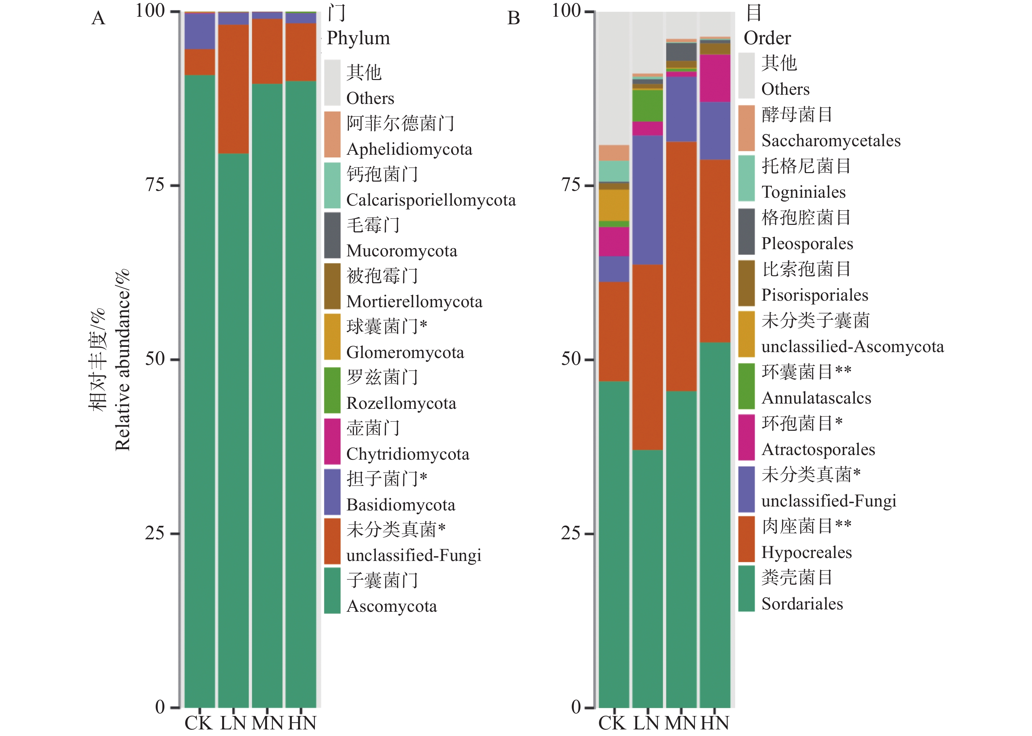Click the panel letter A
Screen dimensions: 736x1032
[x=98, y=18]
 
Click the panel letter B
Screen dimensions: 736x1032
[x=513, y=18]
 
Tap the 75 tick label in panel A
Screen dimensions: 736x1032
[x=154, y=185]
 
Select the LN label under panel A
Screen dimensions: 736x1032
[x=233, y=723]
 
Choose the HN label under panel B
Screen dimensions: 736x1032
[x=715, y=723]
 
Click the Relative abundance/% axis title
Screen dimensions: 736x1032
[x=122, y=360]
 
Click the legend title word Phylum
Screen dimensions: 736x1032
[x=358, y=38]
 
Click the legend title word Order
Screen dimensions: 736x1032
[x=767, y=38]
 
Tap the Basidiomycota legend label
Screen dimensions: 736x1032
[x=401, y=505]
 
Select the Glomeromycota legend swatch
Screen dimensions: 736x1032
[x=332, y=337]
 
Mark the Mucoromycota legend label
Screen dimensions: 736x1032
[x=402, y=250]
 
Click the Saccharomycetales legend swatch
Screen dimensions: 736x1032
[x=746, y=128]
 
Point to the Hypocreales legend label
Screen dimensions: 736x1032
[x=807, y=552]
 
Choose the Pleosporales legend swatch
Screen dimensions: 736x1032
[x=746, y=231]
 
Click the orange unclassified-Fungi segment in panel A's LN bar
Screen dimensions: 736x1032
[x=233, y=89]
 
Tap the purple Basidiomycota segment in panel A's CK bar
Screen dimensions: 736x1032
[x=200, y=31]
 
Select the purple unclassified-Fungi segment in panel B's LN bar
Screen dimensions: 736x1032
[x=648, y=199]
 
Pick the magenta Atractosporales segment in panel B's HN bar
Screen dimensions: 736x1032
[x=715, y=78]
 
